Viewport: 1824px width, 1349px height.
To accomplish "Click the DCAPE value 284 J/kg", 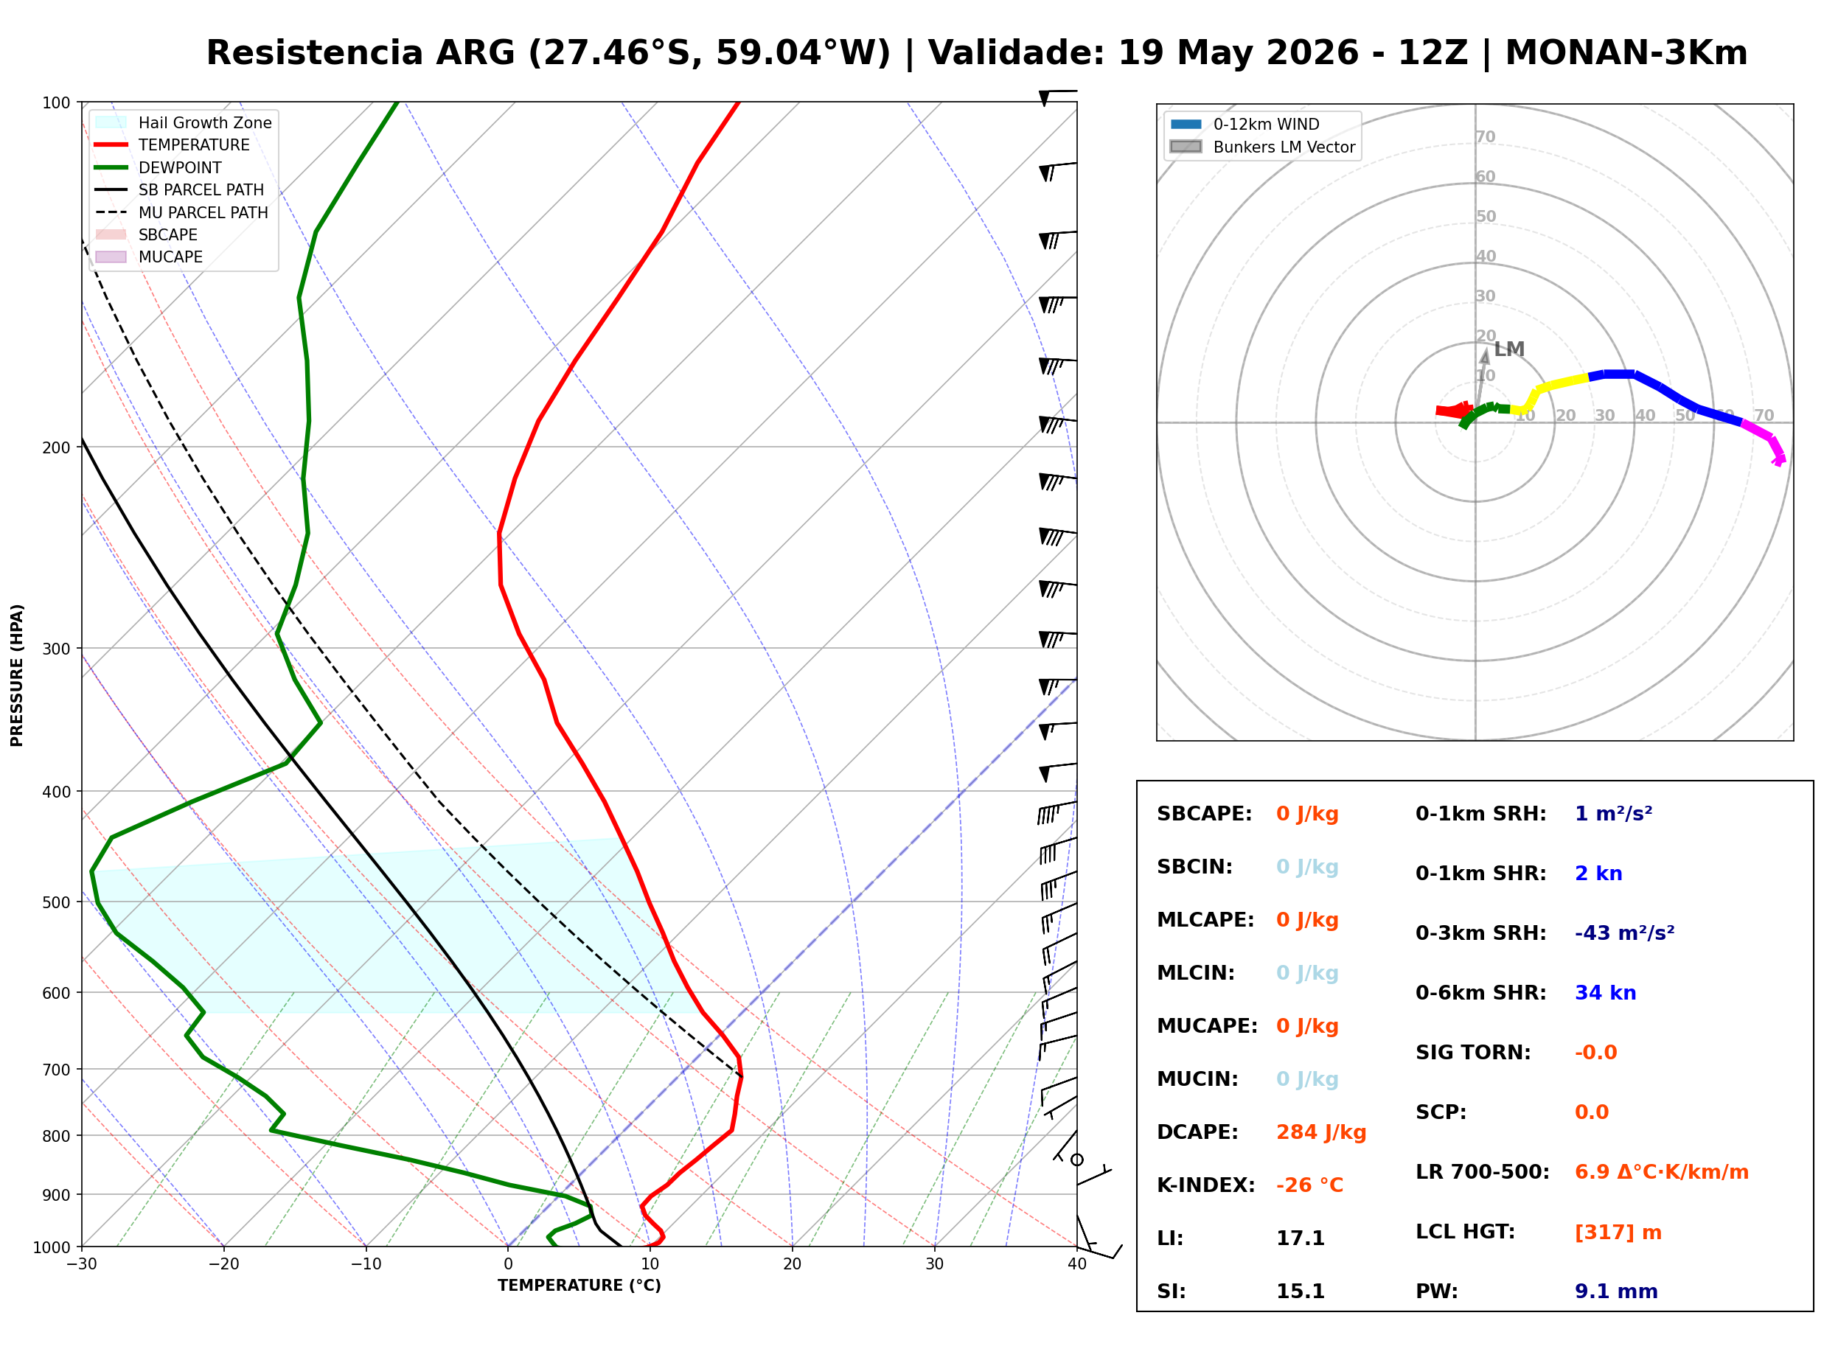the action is pyautogui.click(x=1321, y=1132).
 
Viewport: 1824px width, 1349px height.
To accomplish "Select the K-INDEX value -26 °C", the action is pyautogui.click(x=1309, y=1185).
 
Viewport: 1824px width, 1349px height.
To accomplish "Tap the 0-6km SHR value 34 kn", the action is pyautogui.click(x=1605, y=993).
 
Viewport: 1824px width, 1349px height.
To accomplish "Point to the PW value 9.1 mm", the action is pyautogui.click(x=1616, y=1292).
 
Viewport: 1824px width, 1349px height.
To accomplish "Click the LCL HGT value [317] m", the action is pyautogui.click(x=1618, y=1233).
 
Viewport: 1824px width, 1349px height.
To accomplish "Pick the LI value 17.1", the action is pyautogui.click(x=1300, y=1238).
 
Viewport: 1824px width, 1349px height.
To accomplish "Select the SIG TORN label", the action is pyautogui.click(x=1473, y=1053).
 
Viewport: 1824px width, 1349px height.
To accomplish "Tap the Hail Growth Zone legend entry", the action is pyautogui.click(x=184, y=122).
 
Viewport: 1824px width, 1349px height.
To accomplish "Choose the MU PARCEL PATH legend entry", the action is pyautogui.click(x=181, y=212).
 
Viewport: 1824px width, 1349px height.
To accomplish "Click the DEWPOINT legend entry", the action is pyautogui.click(x=159, y=167).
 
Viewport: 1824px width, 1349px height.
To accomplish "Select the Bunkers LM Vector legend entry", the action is pyautogui.click(x=1262, y=147).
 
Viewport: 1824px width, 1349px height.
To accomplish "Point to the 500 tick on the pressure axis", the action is pyautogui.click(x=56, y=902).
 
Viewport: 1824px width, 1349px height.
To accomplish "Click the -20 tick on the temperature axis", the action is pyautogui.click(x=223, y=1264).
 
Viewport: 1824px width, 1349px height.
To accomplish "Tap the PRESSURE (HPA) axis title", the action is pyautogui.click(x=16, y=675).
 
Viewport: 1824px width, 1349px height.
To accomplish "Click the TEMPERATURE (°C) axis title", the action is pyautogui.click(x=579, y=1286).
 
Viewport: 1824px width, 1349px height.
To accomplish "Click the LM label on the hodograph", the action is pyautogui.click(x=1509, y=349).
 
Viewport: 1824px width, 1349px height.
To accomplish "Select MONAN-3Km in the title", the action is pyautogui.click(x=1626, y=53).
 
